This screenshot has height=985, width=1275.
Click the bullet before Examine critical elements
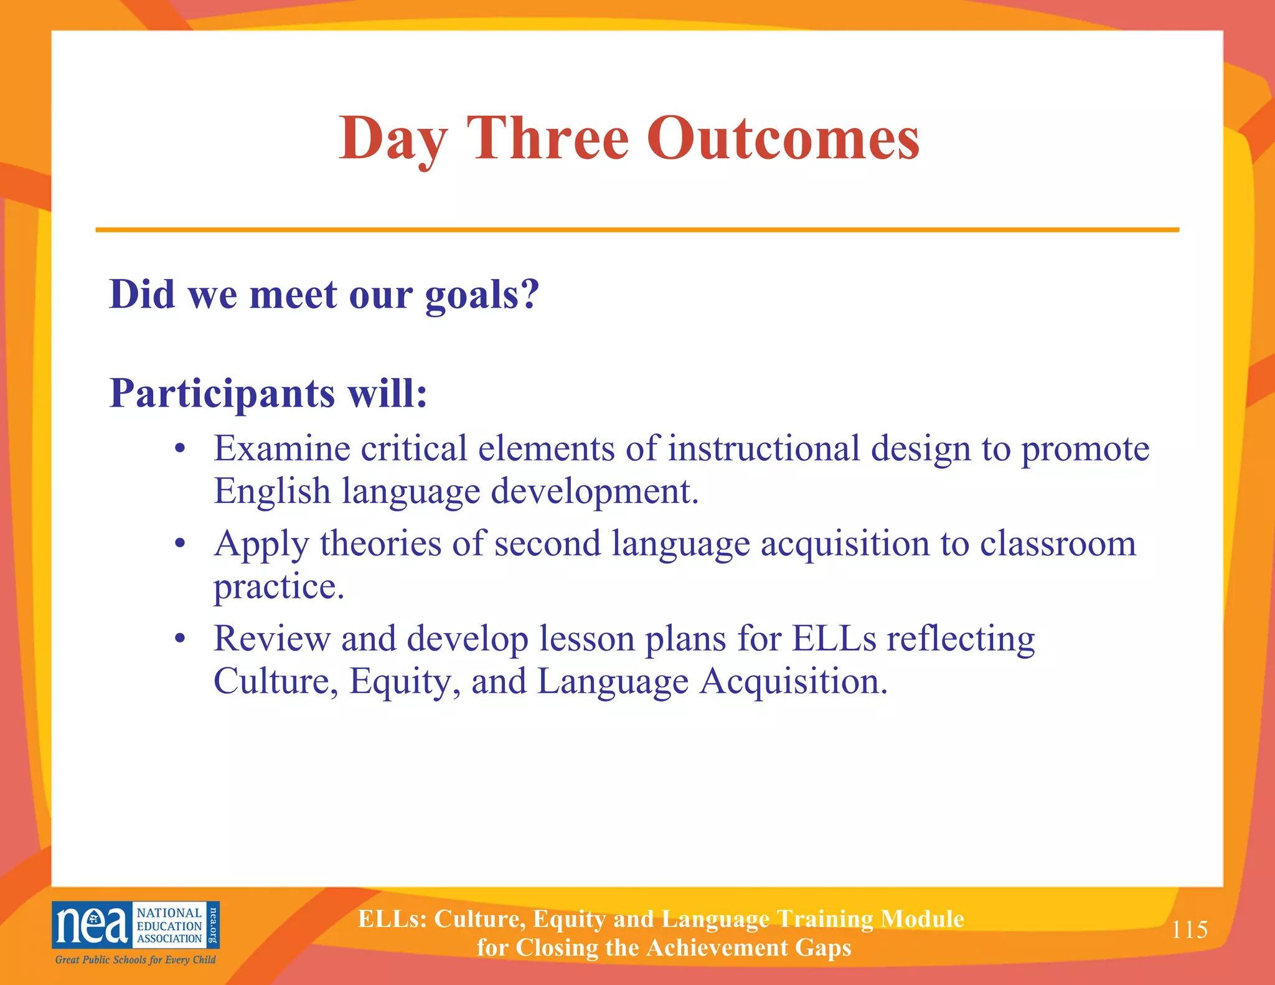pyautogui.click(x=181, y=449)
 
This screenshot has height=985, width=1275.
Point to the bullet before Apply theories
pyautogui.click(x=181, y=544)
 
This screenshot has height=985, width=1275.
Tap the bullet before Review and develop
pyautogui.click(x=181, y=639)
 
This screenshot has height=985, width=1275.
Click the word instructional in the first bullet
pyautogui.click(x=763, y=448)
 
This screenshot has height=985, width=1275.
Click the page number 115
pyautogui.click(x=1189, y=930)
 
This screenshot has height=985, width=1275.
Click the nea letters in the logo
pyautogui.click(x=92, y=925)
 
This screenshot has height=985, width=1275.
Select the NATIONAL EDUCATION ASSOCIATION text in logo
pyautogui.click(x=169, y=925)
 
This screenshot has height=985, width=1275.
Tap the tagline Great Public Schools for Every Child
pyautogui.click(x=135, y=959)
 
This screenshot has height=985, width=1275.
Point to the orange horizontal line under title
pyautogui.click(x=637, y=230)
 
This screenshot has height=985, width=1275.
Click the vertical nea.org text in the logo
pyautogui.click(x=212, y=925)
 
